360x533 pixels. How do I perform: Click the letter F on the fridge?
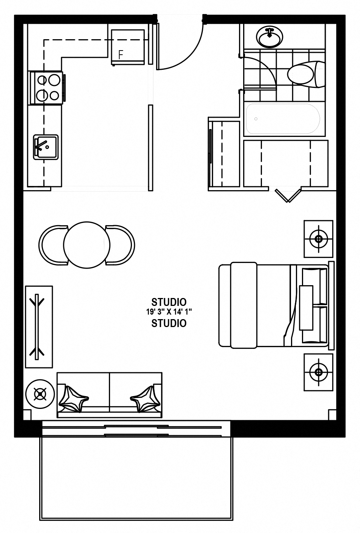pyautogui.click(x=121, y=55)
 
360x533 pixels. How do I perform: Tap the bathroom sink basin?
pyautogui.click(x=270, y=37)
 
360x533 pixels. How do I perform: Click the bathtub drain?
pyautogui.click(x=256, y=119)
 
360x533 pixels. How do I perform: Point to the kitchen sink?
pyautogui.click(x=46, y=147)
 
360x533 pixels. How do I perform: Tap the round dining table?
pyautogui.click(x=87, y=245)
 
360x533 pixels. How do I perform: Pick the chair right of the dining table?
pyautogui.click(x=120, y=245)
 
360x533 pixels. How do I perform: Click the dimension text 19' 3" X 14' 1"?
pyautogui.click(x=169, y=312)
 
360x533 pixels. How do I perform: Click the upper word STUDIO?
pyautogui.click(x=169, y=302)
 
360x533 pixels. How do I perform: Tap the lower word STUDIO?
pyautogui.click(x=169, y=323)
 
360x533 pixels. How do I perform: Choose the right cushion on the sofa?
pyautogui.click(x=145, y=399)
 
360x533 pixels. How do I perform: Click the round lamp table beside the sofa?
pyautogui.click(x=40, y=394)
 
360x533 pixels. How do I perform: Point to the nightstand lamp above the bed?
pyautogui.click(x=319, y=239)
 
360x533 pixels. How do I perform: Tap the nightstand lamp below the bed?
pyautogui.click(x=319, y=372)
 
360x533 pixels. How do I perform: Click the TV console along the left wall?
pyautogui.click(x=39, y=327)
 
